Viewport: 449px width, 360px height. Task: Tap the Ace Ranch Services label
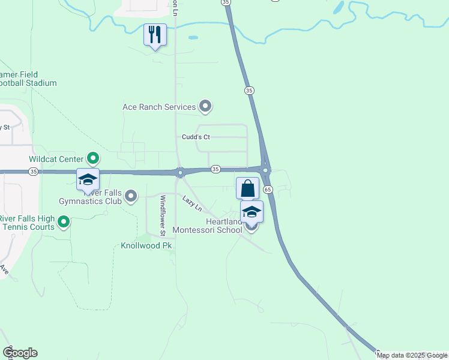coord(159,107)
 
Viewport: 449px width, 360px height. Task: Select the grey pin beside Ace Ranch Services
coord(205,107)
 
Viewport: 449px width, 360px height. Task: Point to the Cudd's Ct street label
coord(196,137)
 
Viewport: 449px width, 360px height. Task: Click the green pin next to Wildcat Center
coord(93,158)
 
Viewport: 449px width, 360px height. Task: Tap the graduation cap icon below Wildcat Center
coord(88,179)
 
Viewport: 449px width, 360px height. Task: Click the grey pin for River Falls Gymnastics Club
coord(131,196)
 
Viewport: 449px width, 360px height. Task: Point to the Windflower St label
coord(162,215)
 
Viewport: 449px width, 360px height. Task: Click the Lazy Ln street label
coord(192,203)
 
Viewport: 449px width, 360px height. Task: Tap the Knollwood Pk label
coord(146,246)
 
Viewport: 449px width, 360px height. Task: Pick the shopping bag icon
coord(247,188)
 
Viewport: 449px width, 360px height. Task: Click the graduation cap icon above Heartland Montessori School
coord(252,211)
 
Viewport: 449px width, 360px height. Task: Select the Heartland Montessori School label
coord(207,226)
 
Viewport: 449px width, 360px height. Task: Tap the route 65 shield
coord(268,189)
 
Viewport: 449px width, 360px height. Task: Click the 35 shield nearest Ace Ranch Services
coord(249,90)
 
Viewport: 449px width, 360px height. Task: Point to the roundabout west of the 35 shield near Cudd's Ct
coord(179,173)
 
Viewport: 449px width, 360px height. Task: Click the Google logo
coord(20,353)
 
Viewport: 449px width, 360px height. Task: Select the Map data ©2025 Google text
coord(412,355)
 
